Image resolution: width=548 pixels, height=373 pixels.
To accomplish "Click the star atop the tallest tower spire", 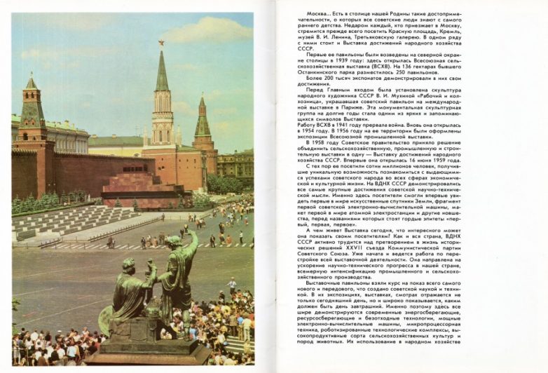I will pyautogui.click(x=160, y=43).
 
